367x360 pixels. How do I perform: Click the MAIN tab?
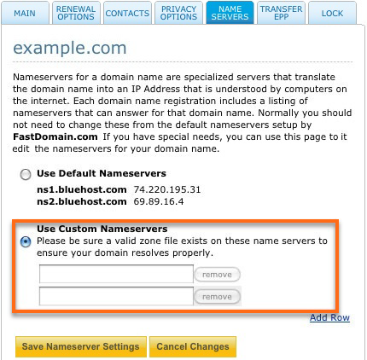[x=25, y=14]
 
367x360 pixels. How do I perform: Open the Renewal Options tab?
[x=76, y=13]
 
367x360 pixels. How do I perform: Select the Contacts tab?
[x=126, y=14]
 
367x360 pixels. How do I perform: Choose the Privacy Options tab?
[x=178, y=13]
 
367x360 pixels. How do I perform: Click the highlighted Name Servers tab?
[x=230, y=13]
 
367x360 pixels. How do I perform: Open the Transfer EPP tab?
[x=281, y=12]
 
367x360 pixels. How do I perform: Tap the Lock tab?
[x=331, y=14]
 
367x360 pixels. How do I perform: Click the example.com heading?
[x=69, y=48]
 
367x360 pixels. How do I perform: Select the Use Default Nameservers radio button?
[x=26, y=174]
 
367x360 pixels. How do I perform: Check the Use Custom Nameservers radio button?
[x=26, y=241]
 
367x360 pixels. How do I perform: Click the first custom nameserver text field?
[x=116, y=274]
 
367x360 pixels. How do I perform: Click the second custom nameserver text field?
[x=116, y=296]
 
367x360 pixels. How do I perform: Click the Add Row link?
[x=329, y=318]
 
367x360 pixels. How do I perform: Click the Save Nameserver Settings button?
[x=80, y=346]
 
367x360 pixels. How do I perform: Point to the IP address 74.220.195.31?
[x=166, y=189]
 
